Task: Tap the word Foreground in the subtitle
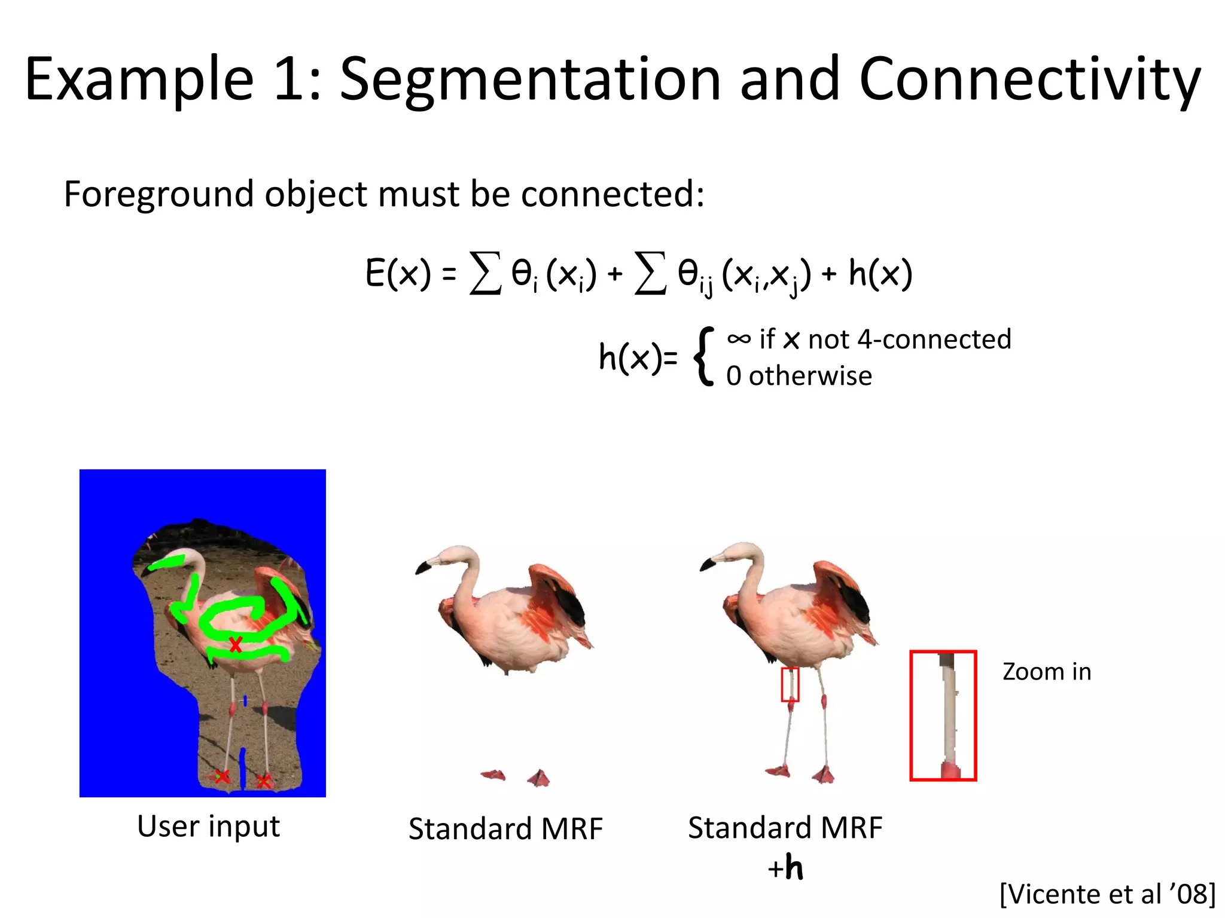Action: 159,194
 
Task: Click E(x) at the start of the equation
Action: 398,274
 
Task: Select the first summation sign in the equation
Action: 485,274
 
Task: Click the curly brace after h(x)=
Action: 704,357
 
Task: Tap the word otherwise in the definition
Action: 810,376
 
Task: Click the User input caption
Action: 208,827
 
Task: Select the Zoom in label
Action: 1047,672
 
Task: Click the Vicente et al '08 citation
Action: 1107,895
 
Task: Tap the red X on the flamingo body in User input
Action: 236,645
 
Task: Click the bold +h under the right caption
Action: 785,868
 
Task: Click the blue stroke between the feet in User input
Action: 242,768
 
